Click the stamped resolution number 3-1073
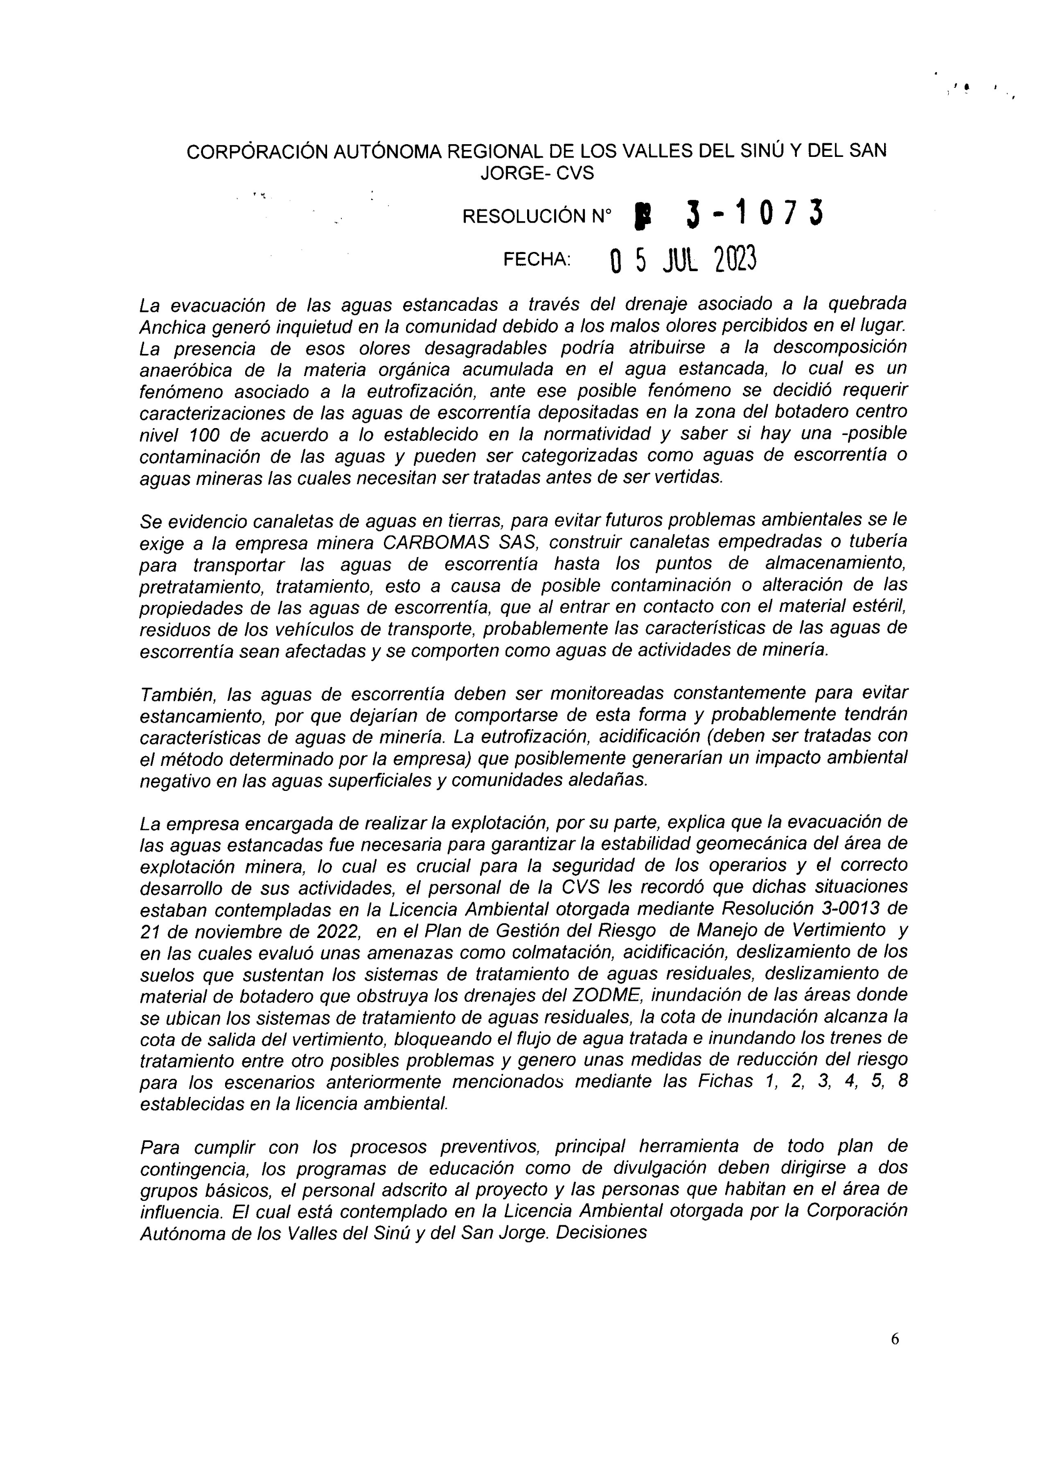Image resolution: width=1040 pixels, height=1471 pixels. (754, 214)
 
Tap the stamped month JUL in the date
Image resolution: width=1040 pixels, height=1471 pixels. (680, 261)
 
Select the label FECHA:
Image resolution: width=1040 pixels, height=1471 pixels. (537, 259)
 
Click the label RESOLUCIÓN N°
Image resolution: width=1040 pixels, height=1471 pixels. (536, 217)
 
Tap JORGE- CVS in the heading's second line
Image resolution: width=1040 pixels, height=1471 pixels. (537, 174)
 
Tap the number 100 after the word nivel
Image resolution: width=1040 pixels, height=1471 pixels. (205, 435)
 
